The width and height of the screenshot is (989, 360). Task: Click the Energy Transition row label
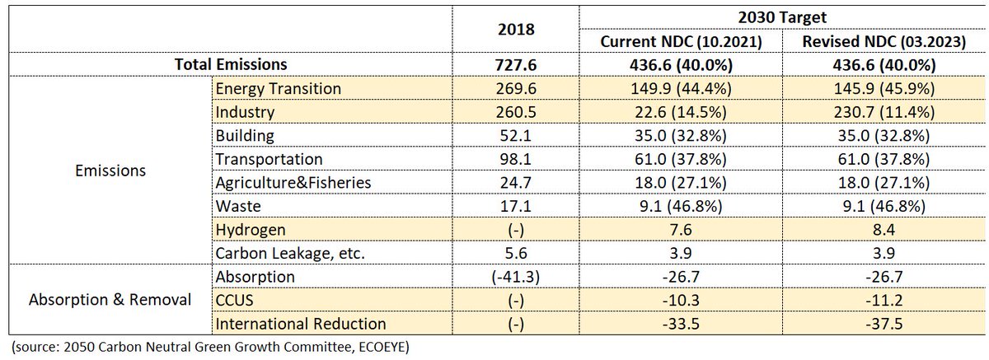coord(276,87)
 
